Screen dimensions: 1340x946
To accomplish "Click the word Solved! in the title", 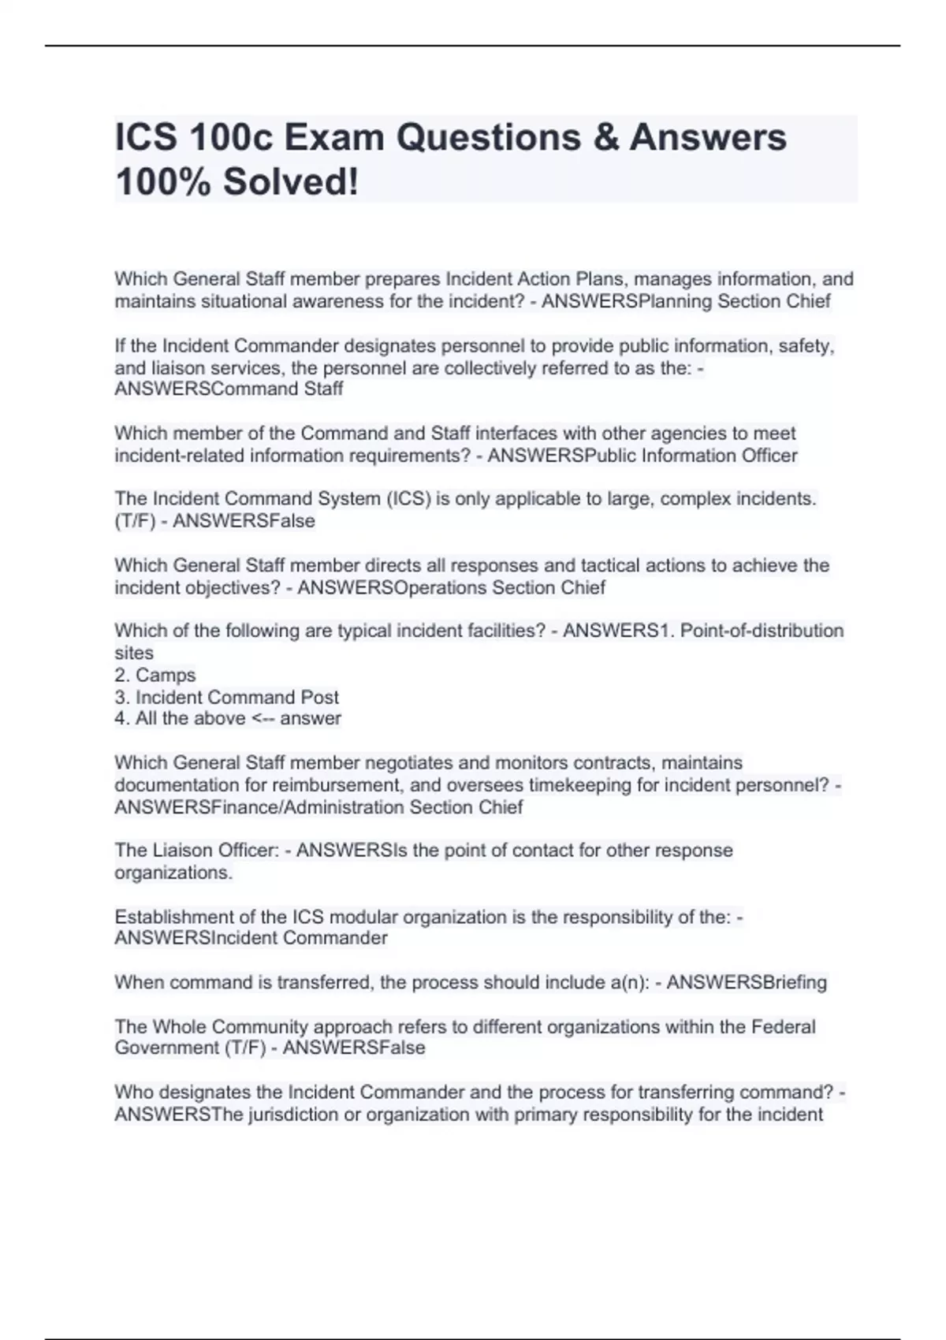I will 291,183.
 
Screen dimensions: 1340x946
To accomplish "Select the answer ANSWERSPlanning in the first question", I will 625,301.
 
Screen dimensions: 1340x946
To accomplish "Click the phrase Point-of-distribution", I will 762,631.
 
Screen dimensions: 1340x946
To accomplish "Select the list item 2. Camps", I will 155,675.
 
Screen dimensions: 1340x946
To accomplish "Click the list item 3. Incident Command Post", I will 227,697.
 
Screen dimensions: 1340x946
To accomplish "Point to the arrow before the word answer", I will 268,718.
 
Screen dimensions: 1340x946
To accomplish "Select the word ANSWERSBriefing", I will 747,982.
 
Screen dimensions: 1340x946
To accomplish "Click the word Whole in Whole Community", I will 180,1026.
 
